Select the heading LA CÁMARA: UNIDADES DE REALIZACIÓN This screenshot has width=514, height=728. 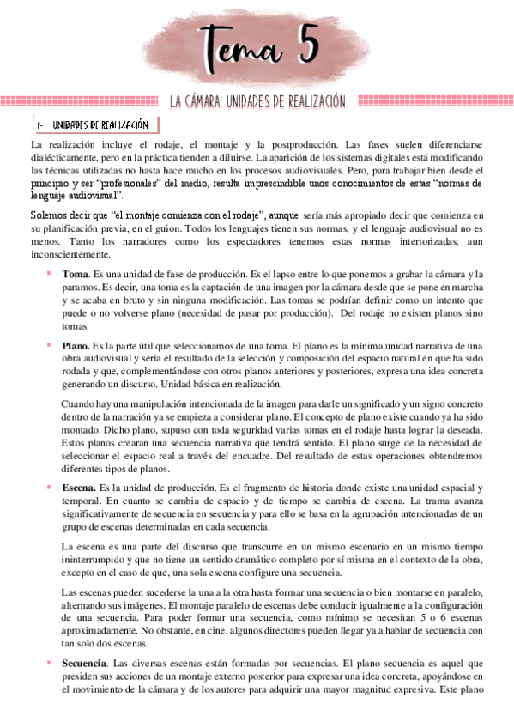click(257, 102)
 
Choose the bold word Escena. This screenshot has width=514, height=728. click(78, 488)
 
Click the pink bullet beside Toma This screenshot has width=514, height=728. click(49, 273)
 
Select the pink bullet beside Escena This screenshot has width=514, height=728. click(49, 488)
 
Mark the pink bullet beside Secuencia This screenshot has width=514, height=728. click(49, 664)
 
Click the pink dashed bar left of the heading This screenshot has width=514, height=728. click(81, 101)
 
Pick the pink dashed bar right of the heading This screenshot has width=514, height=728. click(429, 101)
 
